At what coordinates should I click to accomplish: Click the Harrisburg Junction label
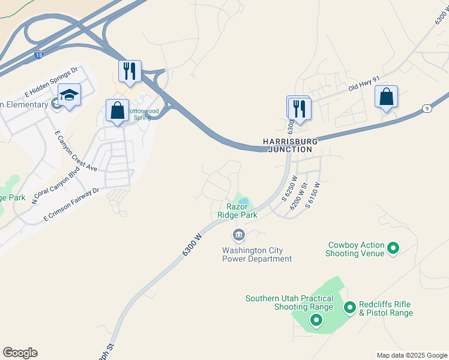[x=288, y=145]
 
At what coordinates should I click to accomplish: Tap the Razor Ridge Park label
[x=237, y=211]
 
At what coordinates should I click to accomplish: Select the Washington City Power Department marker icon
[x=238, y=234]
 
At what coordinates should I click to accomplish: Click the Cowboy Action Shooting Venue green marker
[x=393, y=247]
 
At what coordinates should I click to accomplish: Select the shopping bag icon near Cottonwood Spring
[x=117, y=110]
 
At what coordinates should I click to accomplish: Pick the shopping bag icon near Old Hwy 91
[x=386, y=96]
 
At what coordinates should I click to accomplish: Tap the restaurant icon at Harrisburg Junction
[x=299, y=109]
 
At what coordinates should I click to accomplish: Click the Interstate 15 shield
[x=38, y=55]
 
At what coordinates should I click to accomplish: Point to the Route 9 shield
[x=427, y=108]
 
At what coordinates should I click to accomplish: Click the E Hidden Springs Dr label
[x=52, y=82]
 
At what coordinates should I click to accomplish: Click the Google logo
[x=20, y=353]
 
